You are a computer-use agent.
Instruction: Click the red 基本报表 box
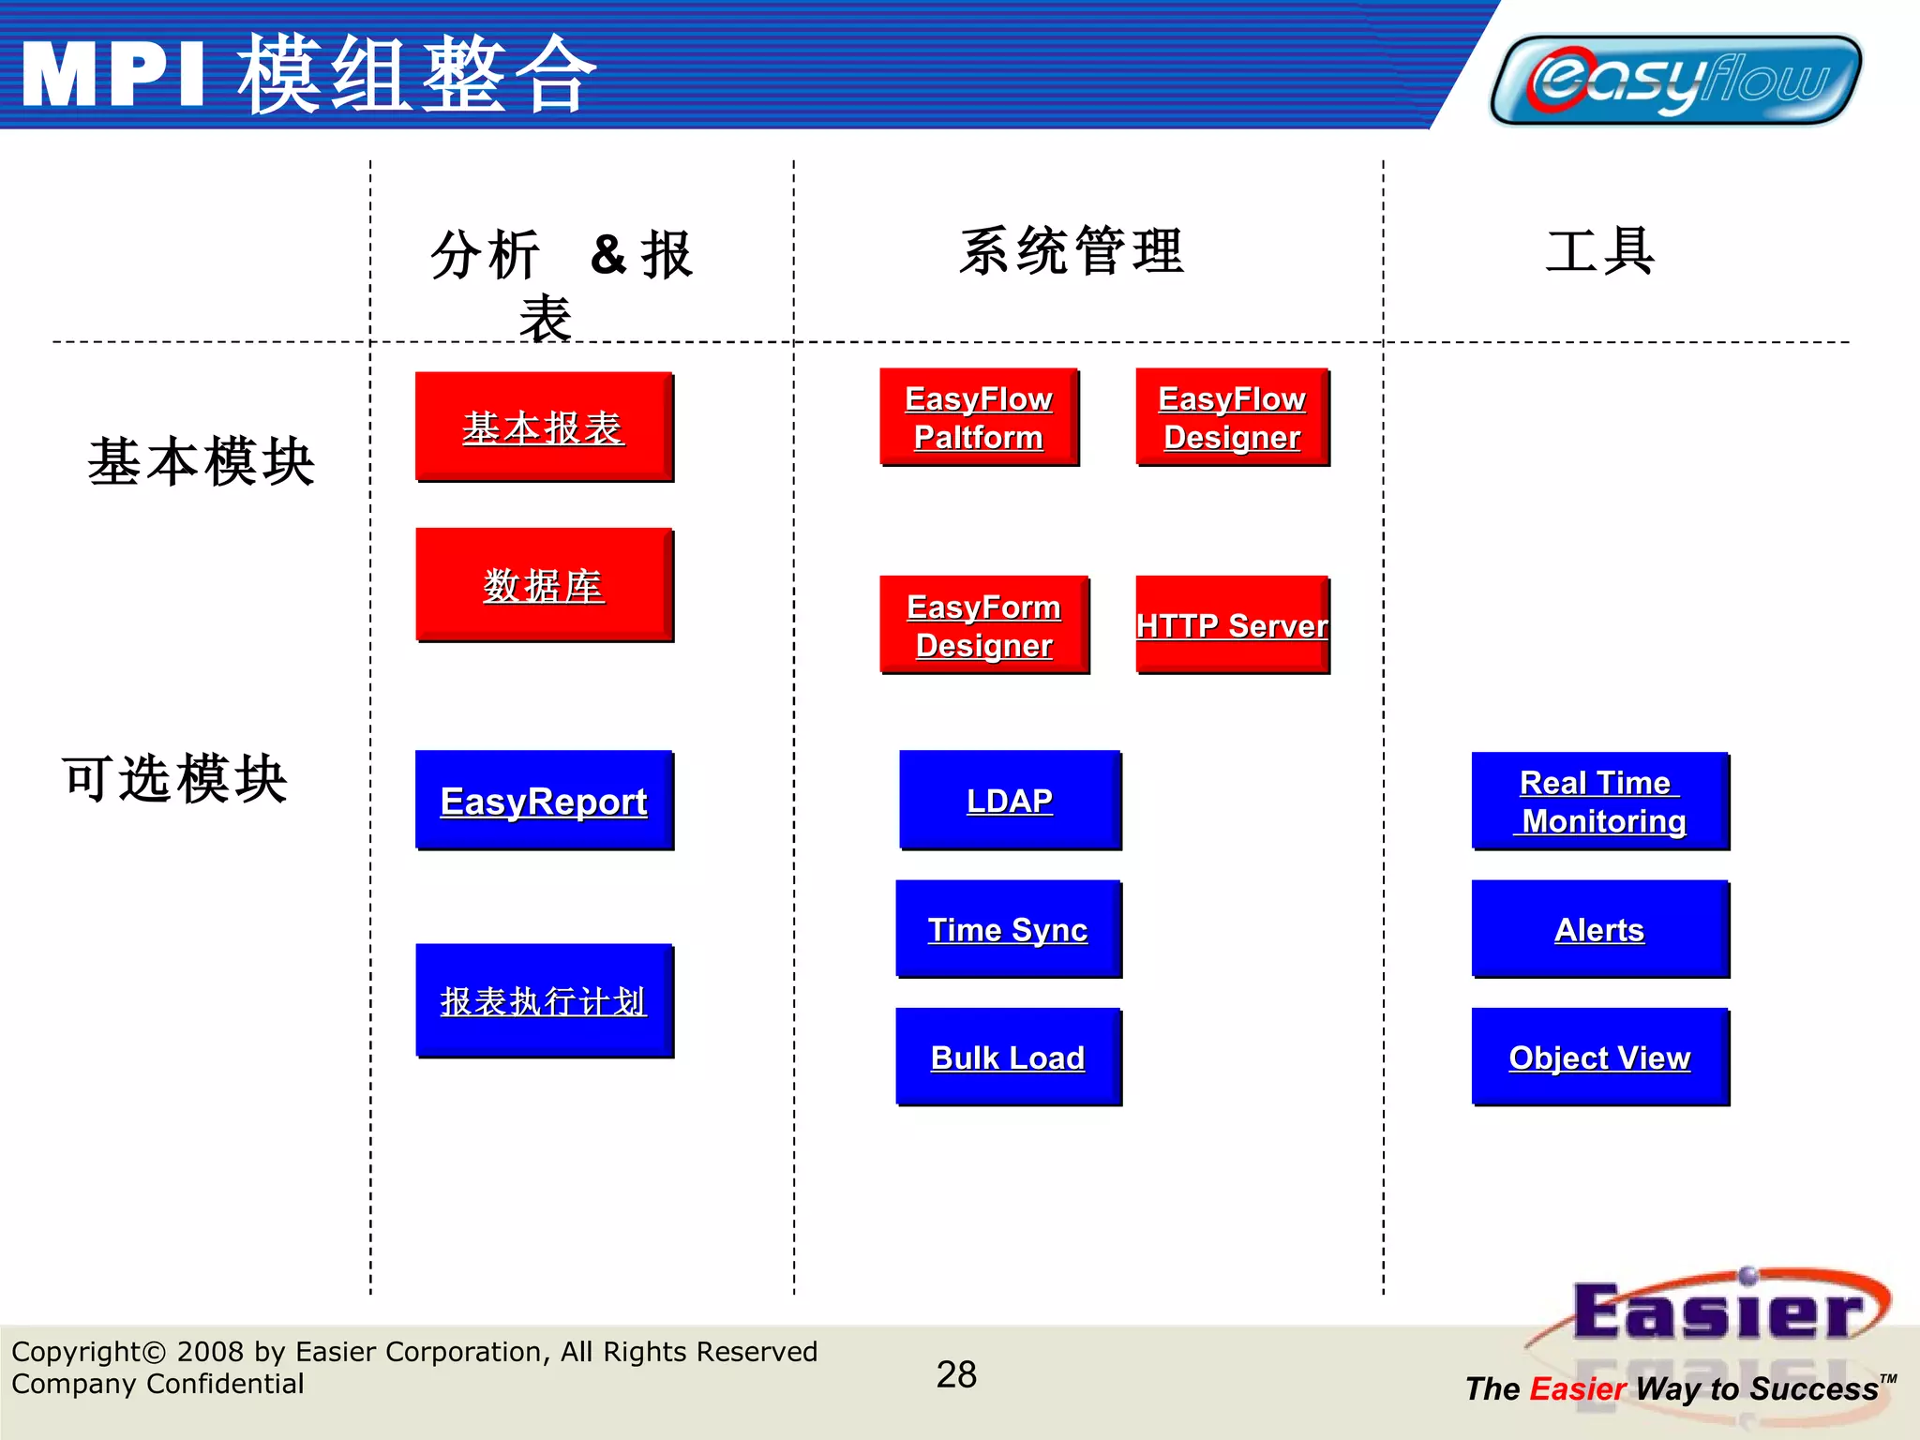pyautogui.click(x=544, y=427)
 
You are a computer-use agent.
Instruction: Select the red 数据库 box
pyautogui.click(x=544, y=585)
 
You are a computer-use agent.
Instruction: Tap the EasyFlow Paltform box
pyautogui.click(x=979, y=417)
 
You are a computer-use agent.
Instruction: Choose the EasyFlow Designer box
pyautogui.click(x=1232, y=417)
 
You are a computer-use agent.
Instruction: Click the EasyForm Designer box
pyautogui.click(x=983, y=625)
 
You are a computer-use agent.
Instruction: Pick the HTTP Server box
pyautogui.click(x=1232, y=625)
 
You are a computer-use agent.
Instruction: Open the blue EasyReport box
pyautogui.click(x=544, y=801)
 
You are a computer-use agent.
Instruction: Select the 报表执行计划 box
pyautogui.click(x=544, y=1001)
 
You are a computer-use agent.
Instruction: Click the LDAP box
pyautogui.click(x=1010, y=801)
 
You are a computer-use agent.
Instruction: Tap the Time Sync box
pyautogui.click(x=1008, y=929)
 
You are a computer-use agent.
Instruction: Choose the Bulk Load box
pyautogui.click(x=1008, y=1057)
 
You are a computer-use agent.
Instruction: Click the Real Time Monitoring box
pyautogui.click(x=1599, y=802)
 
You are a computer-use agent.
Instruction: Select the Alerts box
pyautogui.click(x=1599, y=929)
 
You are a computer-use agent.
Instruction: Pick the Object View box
pyautogui.click(x=1599, y=1057)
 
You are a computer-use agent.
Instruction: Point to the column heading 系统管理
pyautogui.click(x=1072, y=251)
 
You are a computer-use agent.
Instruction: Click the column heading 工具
pyautogui.click(x=1600, y=251)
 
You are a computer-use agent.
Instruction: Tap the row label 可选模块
pyautogui.click(x=175, y=778)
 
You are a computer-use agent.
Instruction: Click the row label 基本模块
pyautogui.click(x=202, y=461)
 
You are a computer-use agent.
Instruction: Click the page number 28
pyautogui.click(x=956, y=1374)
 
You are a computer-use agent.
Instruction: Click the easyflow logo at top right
pyautogui.click(x=1675, y=80)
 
